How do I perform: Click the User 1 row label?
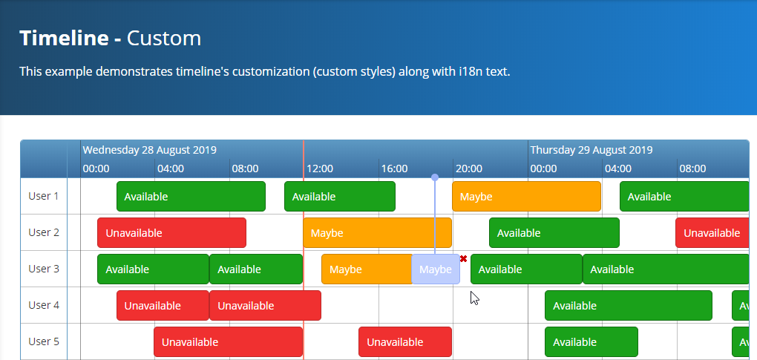(43, 196)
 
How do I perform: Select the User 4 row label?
(43, 305)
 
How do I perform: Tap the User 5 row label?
(43, 341)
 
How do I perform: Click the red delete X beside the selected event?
(463, 258)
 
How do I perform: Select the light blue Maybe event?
(436, 269)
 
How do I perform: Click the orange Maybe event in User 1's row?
(526, 197)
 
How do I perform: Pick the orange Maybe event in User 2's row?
(377, 233)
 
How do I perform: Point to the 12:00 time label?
(319, 168)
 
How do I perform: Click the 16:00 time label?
(394, 168)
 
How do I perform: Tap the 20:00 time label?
(468, 168)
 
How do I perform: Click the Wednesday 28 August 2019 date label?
(149, 150)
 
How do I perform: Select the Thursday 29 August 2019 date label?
(591, 150)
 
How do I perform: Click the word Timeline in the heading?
(65, 38)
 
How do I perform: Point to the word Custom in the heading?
(164, 38)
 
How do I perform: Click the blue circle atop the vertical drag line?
(435, 177)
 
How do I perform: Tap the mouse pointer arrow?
(474, 298)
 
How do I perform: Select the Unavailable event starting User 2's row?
(171, 233)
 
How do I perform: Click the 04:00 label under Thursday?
(617, 168)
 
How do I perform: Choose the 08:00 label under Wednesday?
(245, 168)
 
